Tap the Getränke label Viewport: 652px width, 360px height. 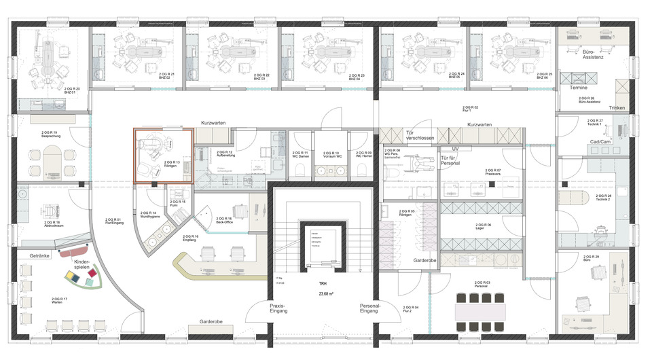point(41,255)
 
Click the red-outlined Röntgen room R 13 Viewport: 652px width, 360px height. point(163,155)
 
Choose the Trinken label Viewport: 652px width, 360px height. point(617,108)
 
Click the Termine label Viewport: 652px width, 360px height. point(579,88)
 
